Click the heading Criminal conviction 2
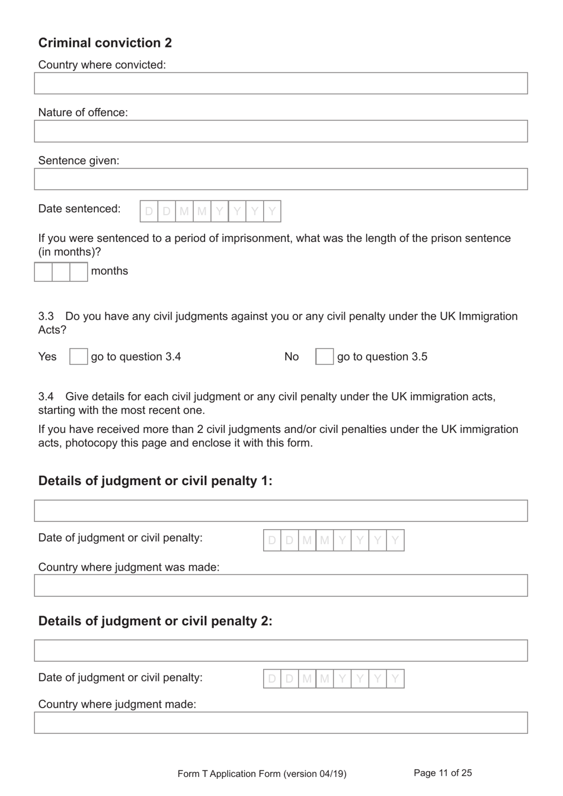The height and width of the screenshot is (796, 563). click(105, 43)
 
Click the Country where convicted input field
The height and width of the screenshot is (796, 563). click(280, 84)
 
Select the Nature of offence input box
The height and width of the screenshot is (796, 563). click(280, 131)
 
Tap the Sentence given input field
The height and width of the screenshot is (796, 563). click(280, 179)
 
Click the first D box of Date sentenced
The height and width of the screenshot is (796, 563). click(149, 211)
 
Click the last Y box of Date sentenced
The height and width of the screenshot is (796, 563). click(272, 211)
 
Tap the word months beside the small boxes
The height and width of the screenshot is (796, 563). click(110, 271)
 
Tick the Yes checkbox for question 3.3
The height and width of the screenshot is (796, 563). click(78, 356)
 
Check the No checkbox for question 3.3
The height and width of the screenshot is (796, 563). click(324, 356)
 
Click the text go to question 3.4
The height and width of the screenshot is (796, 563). click(136, 356)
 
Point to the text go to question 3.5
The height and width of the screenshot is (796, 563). click(382, 356)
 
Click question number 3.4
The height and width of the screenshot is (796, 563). click(46, 396)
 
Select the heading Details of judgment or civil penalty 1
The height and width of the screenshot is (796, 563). click(155, 480)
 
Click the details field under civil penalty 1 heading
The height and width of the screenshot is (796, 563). click(280, 511)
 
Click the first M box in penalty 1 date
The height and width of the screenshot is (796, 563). click(307, 540)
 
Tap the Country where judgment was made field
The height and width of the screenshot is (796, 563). click(280, 585)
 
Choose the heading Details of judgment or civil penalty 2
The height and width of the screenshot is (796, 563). click(155, 621)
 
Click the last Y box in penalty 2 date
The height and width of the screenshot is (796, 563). click(395, 679)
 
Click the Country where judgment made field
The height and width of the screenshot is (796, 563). click(280, 723)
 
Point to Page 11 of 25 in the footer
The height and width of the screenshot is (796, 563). click(443, 773)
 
